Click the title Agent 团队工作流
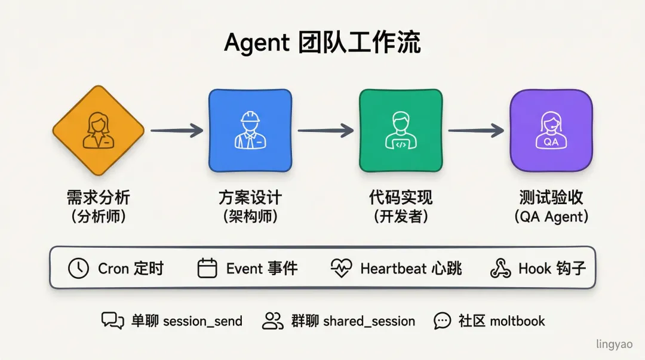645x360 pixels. click(x=322, y=43)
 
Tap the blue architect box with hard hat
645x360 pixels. click(x=250, y=131)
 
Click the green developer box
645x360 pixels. click(x=401, y=131)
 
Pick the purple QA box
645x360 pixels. click(x=551, y=131)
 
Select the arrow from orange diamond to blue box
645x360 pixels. click(x=177, y=131)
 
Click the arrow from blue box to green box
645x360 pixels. click(x=325, y=131)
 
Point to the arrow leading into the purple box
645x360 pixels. click(x=476, y=131)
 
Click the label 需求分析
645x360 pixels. click(x=99, y=197)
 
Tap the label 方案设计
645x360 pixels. click(x=250, y=197)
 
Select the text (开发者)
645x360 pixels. click(x=401, y=216)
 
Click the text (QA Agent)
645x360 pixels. click(x=551, y=216)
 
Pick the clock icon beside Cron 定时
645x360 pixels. click(x=78, y=269)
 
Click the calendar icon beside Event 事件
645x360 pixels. click(x=207, y=269)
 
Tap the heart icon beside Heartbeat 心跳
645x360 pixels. click(x=341, y=269)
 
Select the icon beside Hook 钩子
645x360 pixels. click(x=500, y=269)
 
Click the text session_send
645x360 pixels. click(x=202, y=321)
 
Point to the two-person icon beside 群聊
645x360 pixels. click(x=273, y=321)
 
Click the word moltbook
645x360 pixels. click(x=517, y=321)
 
